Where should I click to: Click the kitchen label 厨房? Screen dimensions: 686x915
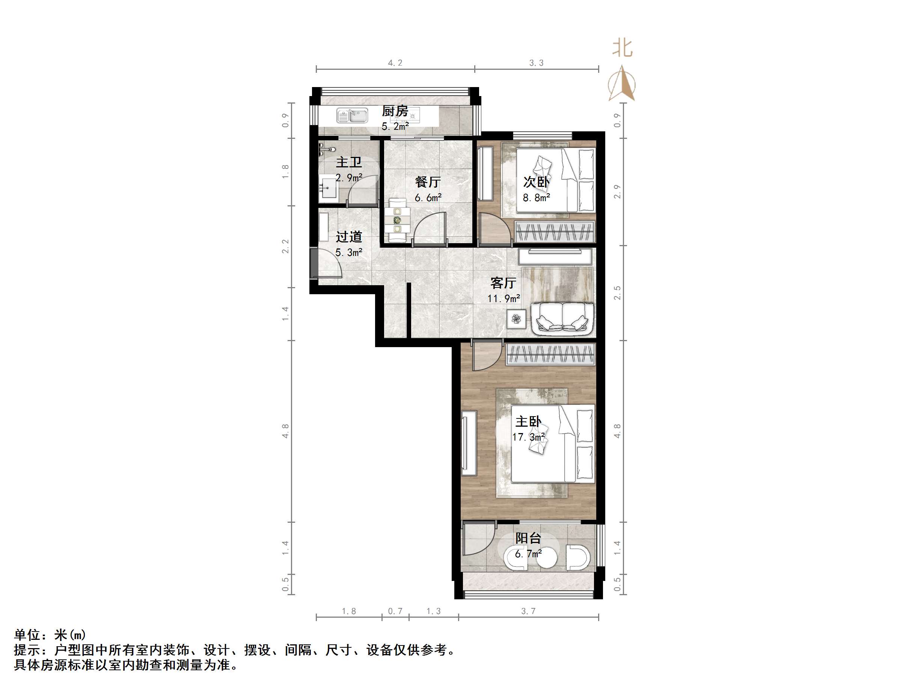[x=395, y=111]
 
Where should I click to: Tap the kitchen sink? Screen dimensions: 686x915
[x=352, y=116]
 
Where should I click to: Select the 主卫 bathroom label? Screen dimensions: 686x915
[x=349, y=162]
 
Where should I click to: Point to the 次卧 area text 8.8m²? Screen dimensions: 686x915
[x=536, y=198]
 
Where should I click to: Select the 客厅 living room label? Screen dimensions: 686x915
[x=503, y=283]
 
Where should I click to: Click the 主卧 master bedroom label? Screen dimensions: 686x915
[x=528, y=422]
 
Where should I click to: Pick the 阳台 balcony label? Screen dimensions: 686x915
[x=528, y=538]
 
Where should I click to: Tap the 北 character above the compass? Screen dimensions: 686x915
[x=622, y=48]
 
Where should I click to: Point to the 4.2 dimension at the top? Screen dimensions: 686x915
[x=395, y=63]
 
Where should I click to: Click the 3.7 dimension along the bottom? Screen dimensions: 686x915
[x=528, y=611]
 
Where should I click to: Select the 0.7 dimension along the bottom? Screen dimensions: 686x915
[x=395, y=611]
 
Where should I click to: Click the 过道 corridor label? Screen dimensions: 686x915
[x=349, y=236]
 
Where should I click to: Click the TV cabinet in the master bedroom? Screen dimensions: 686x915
[x=469, y=443]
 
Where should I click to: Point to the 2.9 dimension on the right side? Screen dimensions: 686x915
[x=617, y=191]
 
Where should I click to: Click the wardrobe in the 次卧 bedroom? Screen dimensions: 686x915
[x=555, y=232]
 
